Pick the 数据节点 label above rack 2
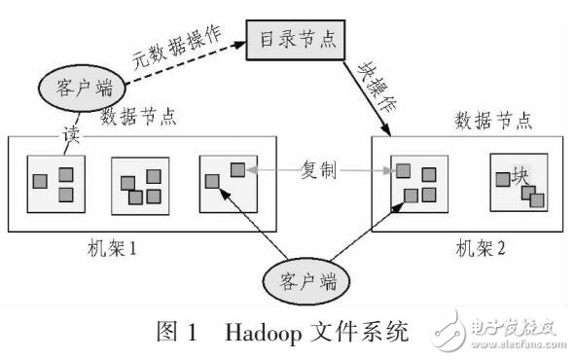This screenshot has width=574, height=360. pos(493,121)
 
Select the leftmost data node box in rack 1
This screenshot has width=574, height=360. pos(54,183)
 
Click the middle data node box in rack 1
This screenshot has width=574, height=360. pos(140,185)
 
